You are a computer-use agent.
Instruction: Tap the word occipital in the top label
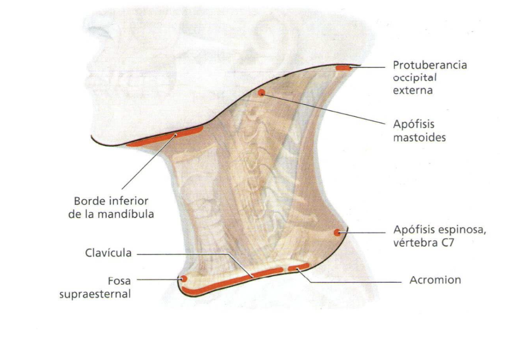coord(414,78)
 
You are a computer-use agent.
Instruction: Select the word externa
coord(412,90)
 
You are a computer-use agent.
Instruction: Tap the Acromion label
coord(435,280)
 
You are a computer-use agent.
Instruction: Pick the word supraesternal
coord(95,294)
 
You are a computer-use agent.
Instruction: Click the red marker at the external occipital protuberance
coord(342,68)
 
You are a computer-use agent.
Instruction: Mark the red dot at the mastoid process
coord(261,93)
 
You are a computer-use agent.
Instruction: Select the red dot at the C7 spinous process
coord(337,232)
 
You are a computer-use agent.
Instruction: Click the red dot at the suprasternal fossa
coord(184,278)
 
